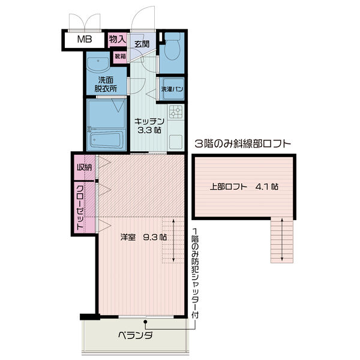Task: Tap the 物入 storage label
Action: (118, 40)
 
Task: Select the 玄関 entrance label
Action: (142, 43)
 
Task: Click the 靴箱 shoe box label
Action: (120, 56)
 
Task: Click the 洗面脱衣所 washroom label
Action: (106, 84)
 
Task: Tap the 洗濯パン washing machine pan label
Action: (172, 89)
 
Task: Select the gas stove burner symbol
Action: (175, 112)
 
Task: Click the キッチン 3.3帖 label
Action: (149, 124)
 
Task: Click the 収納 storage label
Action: (85, 167)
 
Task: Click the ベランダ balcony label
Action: (136, 335)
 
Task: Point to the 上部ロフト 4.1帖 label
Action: (243, 186)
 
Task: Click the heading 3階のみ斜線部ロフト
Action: (244, 144)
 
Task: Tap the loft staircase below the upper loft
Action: (281, 240)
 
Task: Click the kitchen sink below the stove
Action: (175, 143)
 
